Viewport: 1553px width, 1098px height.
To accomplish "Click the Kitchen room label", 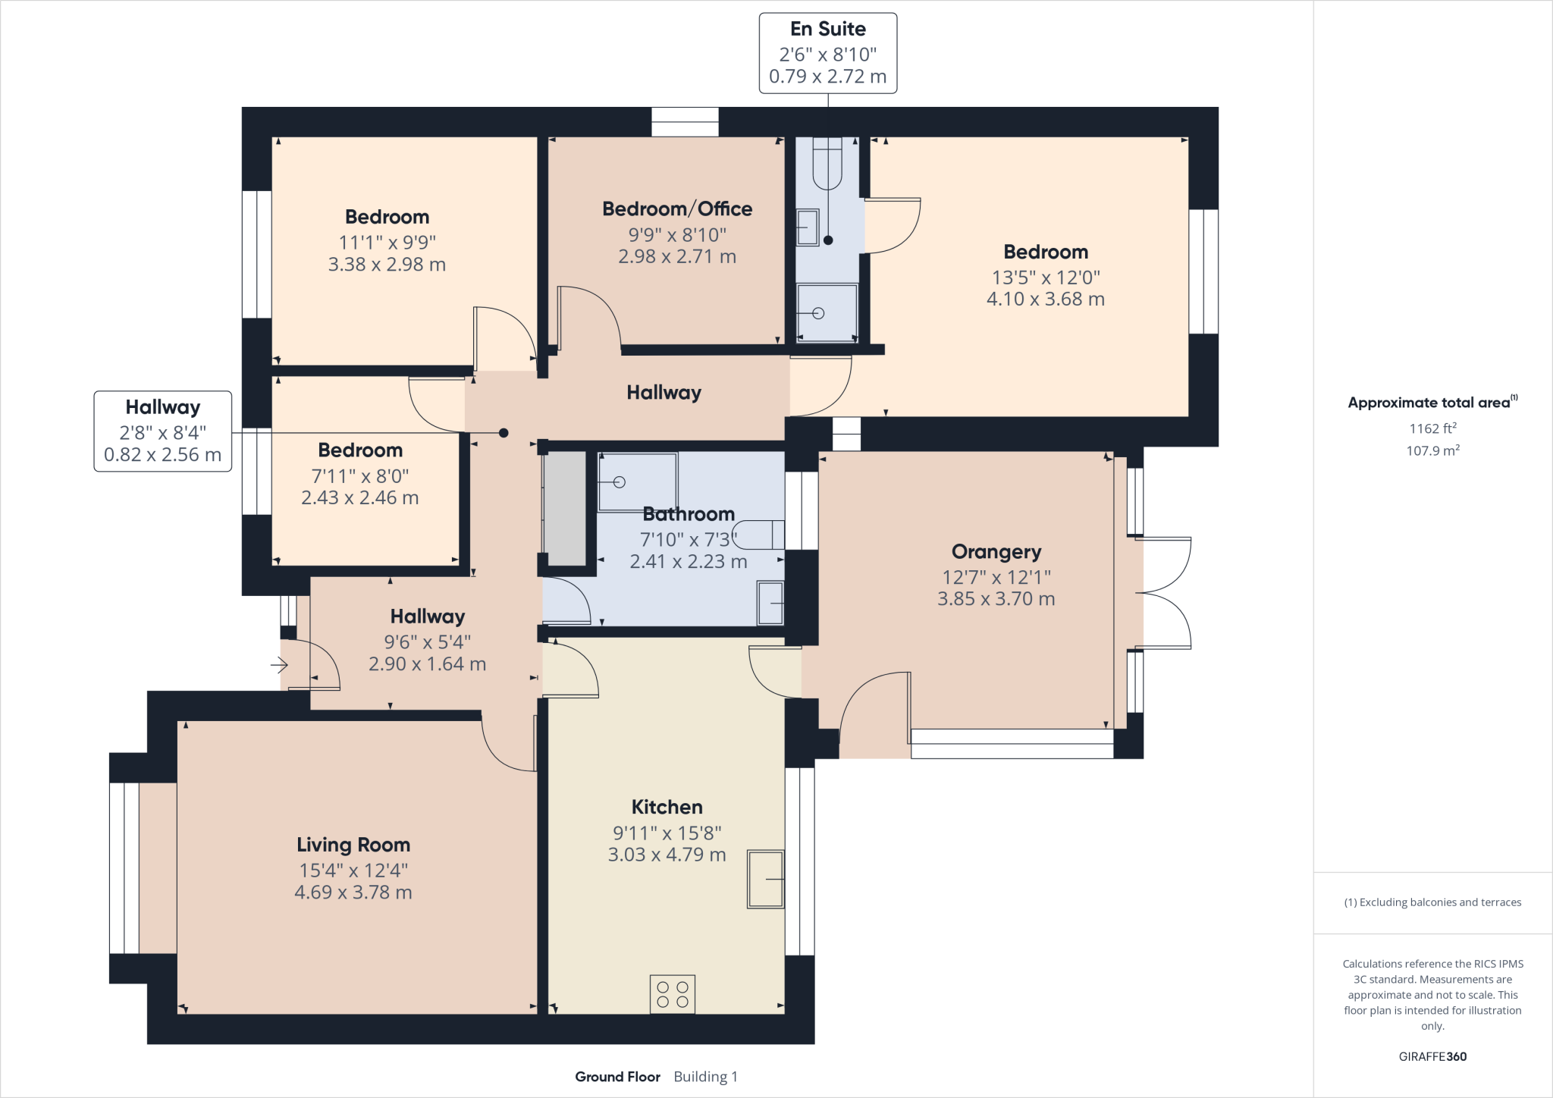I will [667, 807].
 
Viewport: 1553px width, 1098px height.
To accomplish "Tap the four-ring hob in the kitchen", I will [672, 994].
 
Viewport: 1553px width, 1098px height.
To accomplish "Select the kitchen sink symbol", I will [765, 879].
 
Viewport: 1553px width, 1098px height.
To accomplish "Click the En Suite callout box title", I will [827, 29].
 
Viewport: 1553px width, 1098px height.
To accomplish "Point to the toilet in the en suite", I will [827, 162].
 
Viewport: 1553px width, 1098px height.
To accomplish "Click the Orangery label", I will [996, 551].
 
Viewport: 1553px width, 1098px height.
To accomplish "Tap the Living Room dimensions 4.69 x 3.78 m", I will [353, 893].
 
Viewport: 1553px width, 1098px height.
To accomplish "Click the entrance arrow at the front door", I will [279, 666].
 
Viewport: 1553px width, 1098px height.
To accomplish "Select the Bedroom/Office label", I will [676, 209].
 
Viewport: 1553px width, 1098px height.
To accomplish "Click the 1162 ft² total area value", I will [1432, 428].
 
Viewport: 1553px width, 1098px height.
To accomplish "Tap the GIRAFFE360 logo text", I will [1432, 1056].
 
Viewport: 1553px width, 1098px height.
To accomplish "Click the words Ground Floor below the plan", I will [617, 1077].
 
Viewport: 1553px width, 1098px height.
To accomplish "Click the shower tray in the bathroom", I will [637, 482].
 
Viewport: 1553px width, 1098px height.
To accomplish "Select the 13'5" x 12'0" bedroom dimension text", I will [1045, 278].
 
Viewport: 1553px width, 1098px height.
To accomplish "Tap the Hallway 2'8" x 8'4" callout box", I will [162, 431].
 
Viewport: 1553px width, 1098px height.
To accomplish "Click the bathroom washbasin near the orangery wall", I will [770, 603].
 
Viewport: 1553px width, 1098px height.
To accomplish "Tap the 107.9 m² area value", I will [1432, 450].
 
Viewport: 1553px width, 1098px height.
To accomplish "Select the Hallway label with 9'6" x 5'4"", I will [427, 616].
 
